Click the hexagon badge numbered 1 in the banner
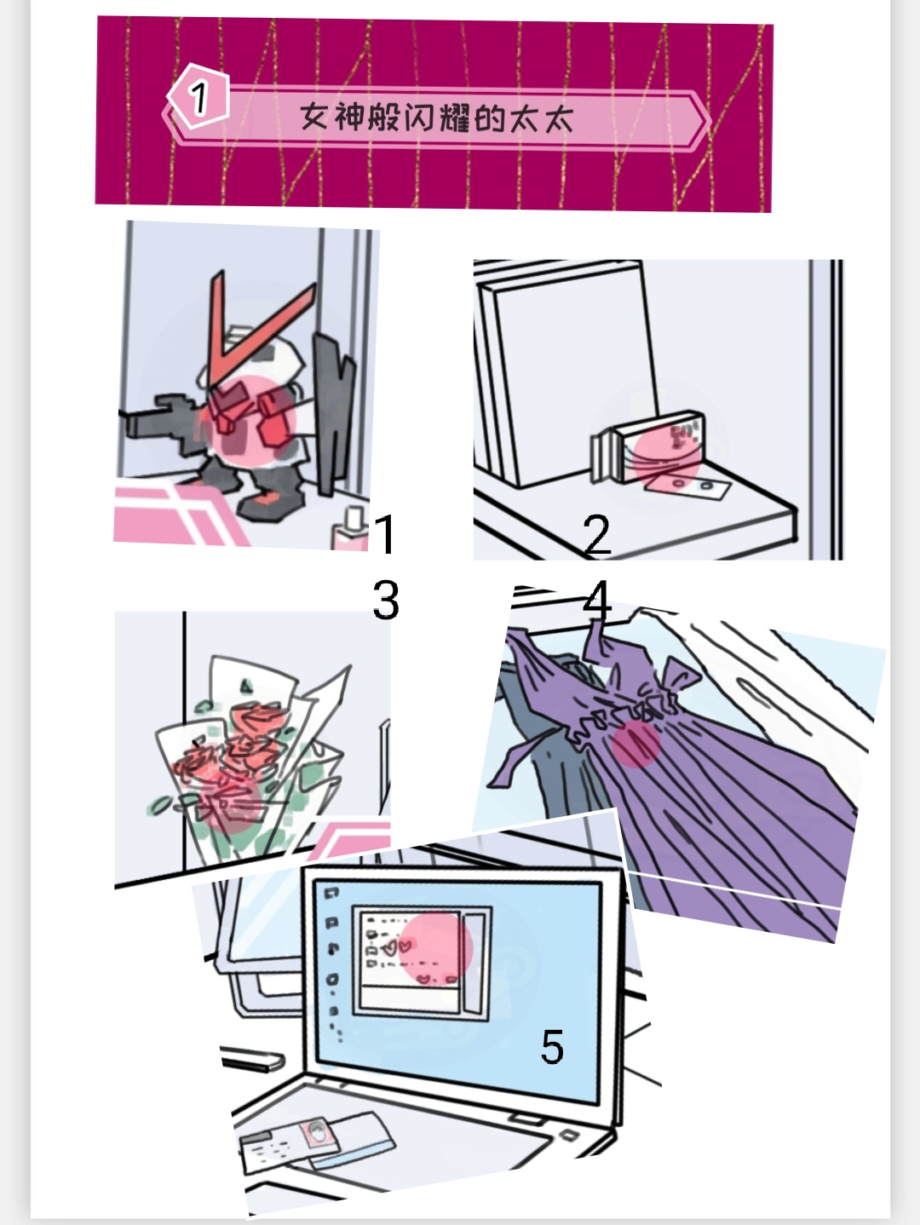tap(198, 96)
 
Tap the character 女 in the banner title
tap(313, 117)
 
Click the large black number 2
tap(597, 535)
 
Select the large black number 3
tap(386, 600)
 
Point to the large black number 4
tap(597, 600)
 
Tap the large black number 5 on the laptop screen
tap(552, 1047)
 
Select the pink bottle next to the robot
tap(352, 529)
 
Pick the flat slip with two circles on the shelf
tap(687, 485)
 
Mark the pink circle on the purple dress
tap(635, 744)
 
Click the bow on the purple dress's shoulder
tap(682, 677)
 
